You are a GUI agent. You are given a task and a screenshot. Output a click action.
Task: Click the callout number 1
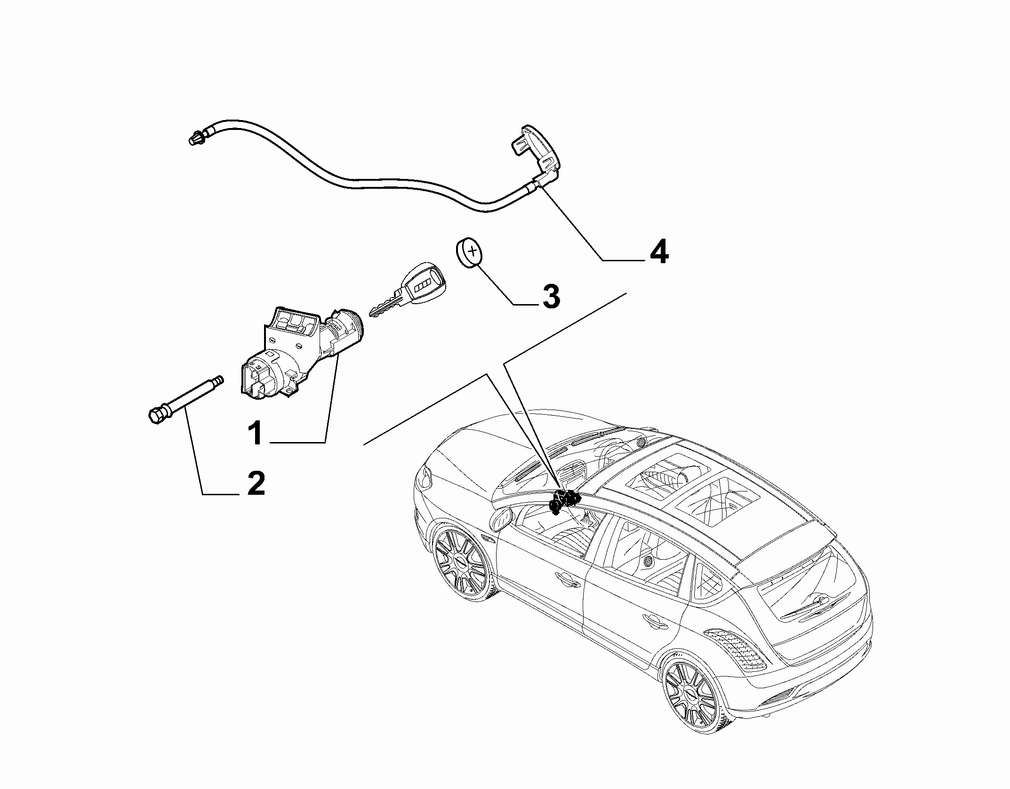[x=256, y=434]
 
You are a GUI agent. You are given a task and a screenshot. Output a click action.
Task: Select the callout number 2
[x=256, y=483]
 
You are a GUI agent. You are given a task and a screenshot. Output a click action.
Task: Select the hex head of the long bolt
[x=155, y=415]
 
